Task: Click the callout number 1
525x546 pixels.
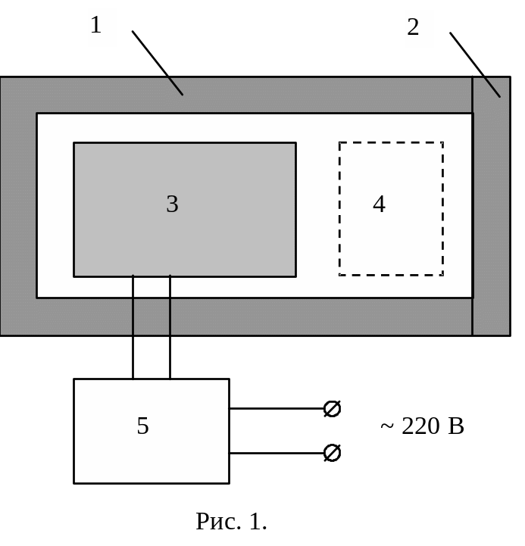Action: coord(96,26)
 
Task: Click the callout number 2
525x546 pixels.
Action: coord(413,28)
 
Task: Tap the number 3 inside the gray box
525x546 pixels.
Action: coord(172,204)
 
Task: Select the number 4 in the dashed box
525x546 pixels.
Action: coord(379,204)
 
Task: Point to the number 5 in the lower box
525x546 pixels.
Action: coord(142,426)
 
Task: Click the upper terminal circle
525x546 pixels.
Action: coord(332,409)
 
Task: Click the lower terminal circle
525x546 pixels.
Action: coord(332,453)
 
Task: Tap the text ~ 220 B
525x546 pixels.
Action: coord(421,426)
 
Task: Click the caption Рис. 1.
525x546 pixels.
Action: coord(231,521)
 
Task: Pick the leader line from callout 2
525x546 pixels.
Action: coord(475,65)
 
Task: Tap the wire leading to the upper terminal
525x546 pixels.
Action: coord(277,409)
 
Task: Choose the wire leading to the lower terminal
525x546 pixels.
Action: coord(277,453)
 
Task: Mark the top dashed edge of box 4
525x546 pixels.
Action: coord(391,142)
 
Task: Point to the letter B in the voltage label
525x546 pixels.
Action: coord(455,426)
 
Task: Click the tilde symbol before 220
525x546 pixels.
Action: coord(387,427)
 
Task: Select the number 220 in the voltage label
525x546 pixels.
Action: coord(420,426)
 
